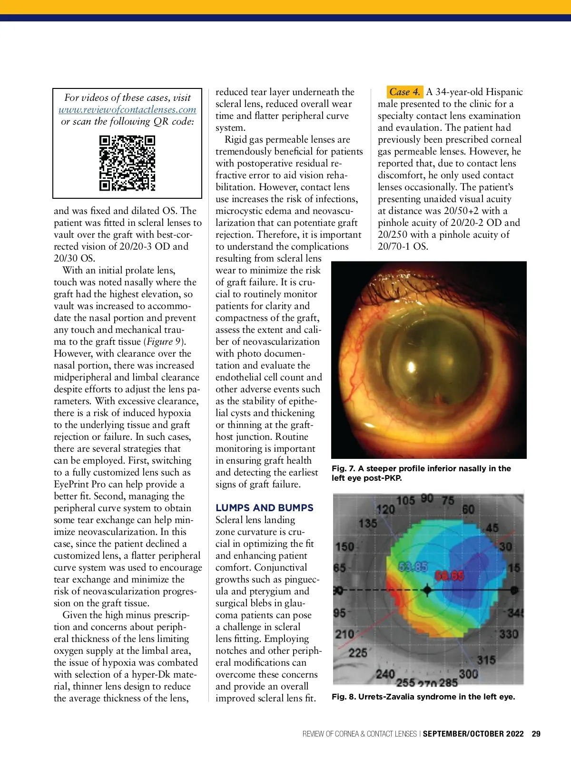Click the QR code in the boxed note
[x=127, y=163]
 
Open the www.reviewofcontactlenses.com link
[x=127, y=109]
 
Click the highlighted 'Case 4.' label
[x=404, y=92]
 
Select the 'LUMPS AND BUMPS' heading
[x=265, y=507]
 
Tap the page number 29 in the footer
[x=536, y=734]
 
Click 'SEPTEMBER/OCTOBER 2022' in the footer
[x=473, y=734]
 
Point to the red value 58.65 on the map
[x=449, y=576]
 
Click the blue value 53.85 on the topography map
[x=413, y=567]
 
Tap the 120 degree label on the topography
[x=385, y=509]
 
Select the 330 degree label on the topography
[x=508, y=634]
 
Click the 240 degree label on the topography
[x=385, y=674]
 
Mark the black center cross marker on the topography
[x=427, y=591]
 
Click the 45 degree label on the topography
[x=492, y=527]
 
